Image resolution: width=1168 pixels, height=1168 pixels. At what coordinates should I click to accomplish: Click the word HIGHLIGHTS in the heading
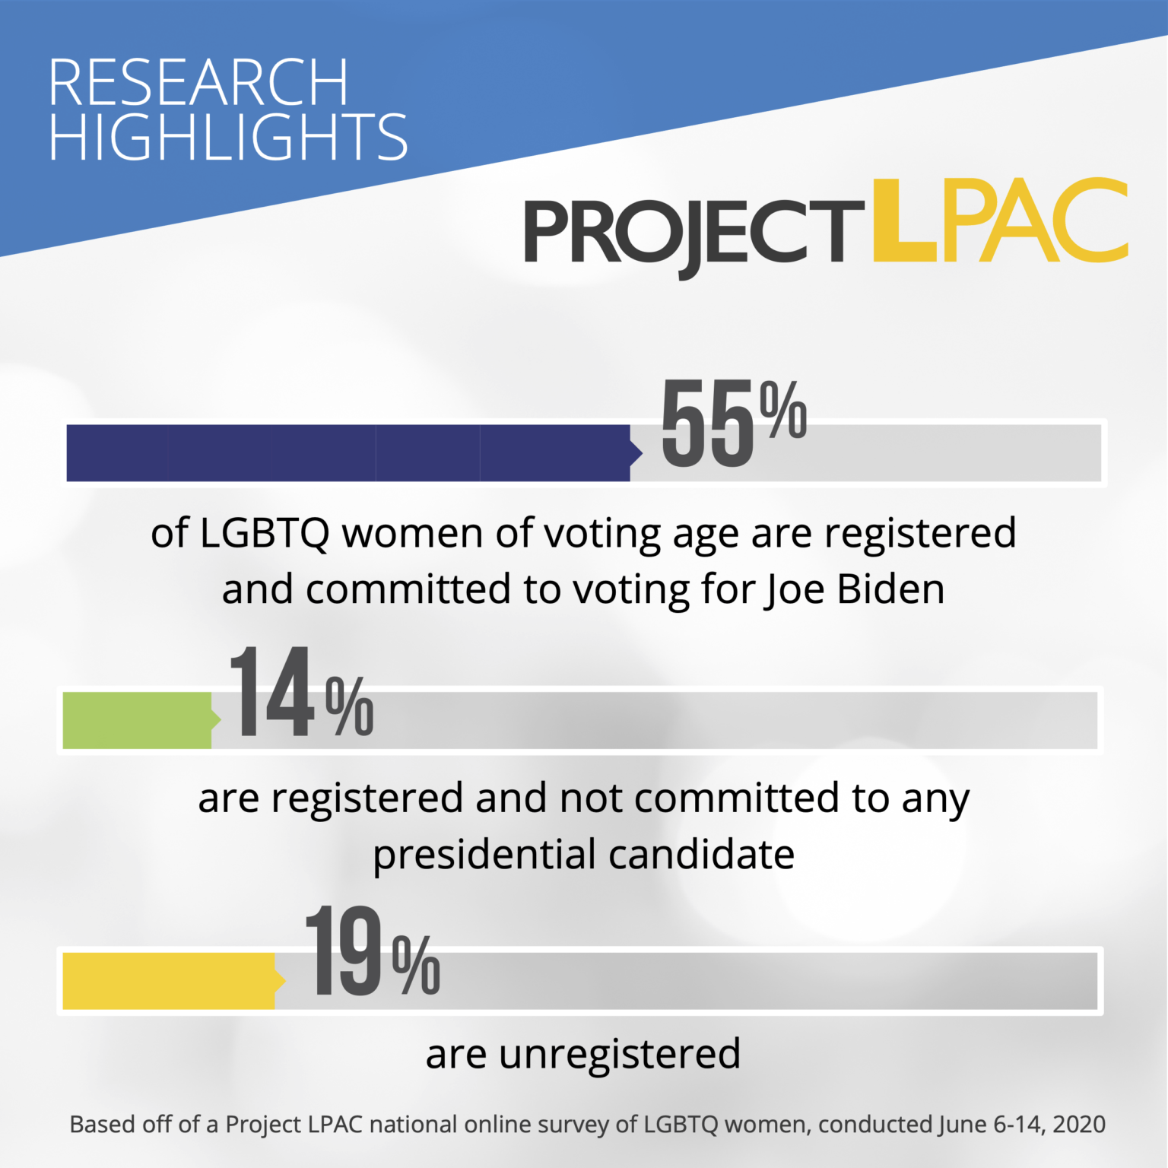[228, 137]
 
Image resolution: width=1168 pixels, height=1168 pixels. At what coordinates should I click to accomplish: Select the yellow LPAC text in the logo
[1000, 221]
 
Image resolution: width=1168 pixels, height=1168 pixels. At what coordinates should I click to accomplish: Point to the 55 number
[707, 424]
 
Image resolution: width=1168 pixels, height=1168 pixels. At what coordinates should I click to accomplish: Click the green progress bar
[141, 720]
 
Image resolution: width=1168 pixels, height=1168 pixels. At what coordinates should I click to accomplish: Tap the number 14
[272, 691]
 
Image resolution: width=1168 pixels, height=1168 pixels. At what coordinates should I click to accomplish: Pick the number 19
[343, 951]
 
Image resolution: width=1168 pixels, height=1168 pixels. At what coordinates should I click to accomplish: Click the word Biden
[890, 589]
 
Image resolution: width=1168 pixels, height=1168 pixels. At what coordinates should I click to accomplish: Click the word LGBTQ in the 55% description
[265, 534]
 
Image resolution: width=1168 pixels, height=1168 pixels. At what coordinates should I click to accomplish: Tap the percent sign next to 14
[350, 706]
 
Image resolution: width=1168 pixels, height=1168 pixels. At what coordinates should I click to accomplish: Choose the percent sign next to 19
[417, 966]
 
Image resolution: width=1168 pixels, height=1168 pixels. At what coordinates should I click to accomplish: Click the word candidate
[701, 855]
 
